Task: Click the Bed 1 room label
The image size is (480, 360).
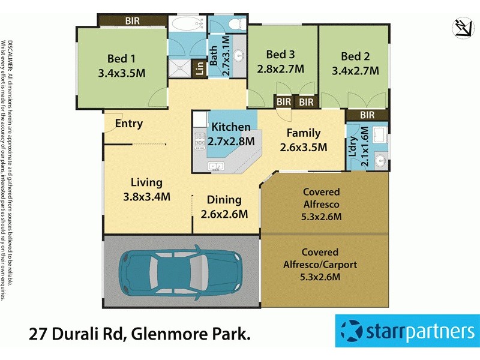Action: (x=121, y=59)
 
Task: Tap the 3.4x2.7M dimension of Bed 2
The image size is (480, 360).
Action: (x=355, y=71)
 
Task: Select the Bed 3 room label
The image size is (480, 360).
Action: (x=280, y=53)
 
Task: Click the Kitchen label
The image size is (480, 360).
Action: (x=230, y=127)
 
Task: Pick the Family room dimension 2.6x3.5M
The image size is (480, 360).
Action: (x=303, y=147)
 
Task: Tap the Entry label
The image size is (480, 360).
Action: (x=129, y=124)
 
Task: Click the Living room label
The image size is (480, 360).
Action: (x=147, y=182)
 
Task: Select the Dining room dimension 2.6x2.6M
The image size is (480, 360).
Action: (x=224, y=214)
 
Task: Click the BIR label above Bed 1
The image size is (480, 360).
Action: (x=133, y=21)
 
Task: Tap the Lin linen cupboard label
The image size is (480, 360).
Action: (x=199, y=68)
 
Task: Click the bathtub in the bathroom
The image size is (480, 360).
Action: (x=187, y=25)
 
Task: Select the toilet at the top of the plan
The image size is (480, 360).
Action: (x=234, y=24)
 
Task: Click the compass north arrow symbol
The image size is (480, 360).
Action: (x=462, y=28)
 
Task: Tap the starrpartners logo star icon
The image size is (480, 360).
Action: (x=352, y=331)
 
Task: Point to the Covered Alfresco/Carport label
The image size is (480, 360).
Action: (x=320, y=258)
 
